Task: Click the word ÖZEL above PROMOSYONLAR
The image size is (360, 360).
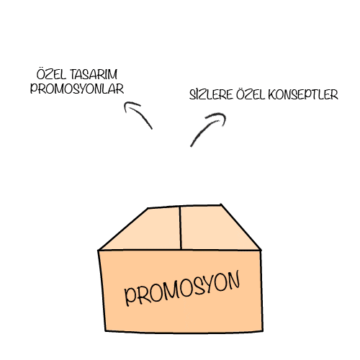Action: pyautogui.click(x=51, y=74)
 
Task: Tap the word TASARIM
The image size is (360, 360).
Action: pyautogui.click(x=94, y=74)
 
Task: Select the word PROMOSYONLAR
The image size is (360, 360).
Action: pyautogui.click(x=77, y=89)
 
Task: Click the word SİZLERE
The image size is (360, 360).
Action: pyautogui.click(x=211, y=94)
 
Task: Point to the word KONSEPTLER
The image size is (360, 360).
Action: pyautogui.click(x=303, y=94)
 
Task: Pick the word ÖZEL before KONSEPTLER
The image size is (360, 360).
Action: pyautogui.click(x=251, y=94)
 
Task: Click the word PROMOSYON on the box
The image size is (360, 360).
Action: pyautogui.click(x=182, y=289)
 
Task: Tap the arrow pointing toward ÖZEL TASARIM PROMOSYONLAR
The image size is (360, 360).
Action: pyautogui.click(x=140, y=113)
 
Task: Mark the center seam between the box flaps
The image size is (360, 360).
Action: pyautogui.click(x=180, y=228)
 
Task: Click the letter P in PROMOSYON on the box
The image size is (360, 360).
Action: pyautogui.click(x=131, y=297)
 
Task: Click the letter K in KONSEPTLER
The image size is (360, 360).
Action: pyautogui.click(x=272, y=95)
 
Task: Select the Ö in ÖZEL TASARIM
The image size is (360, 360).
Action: pyautogui.click(x=41, y=74)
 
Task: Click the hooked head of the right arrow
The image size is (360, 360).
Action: pyautogui.click(x=217, y=117)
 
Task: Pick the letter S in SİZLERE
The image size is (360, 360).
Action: pyautogui.click(x=192, y=95)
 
